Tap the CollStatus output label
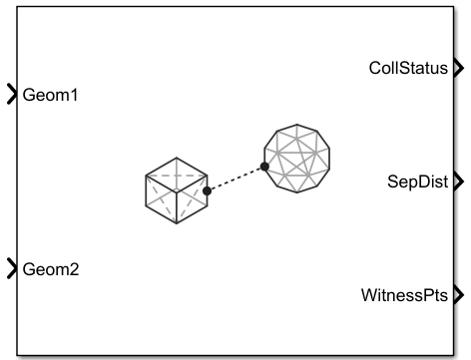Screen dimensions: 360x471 (409, 68)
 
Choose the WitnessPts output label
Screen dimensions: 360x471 (410, 295)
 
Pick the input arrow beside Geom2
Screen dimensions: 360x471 (12, 267)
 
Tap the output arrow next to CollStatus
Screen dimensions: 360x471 (458, 68)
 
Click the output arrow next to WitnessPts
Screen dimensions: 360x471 (458, 295)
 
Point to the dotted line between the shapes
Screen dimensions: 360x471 (235, 179)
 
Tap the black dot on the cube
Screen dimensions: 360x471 (207, 189)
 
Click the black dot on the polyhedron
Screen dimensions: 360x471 (264, 168)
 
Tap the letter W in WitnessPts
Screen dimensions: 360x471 (370, 295)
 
